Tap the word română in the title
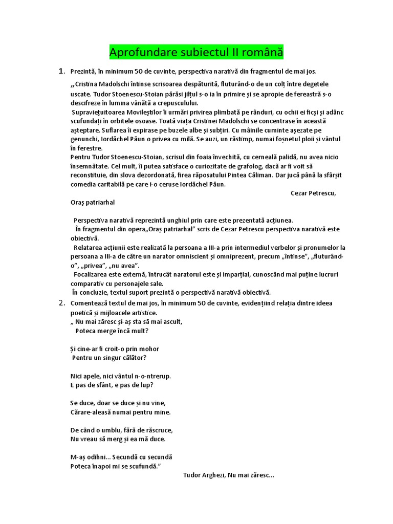(x=259, y=52)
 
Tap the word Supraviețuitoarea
(x=103, y=112)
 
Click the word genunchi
(x=84, y=139)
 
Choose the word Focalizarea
(x=93, y=274)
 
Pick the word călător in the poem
(x=135, y=358)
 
